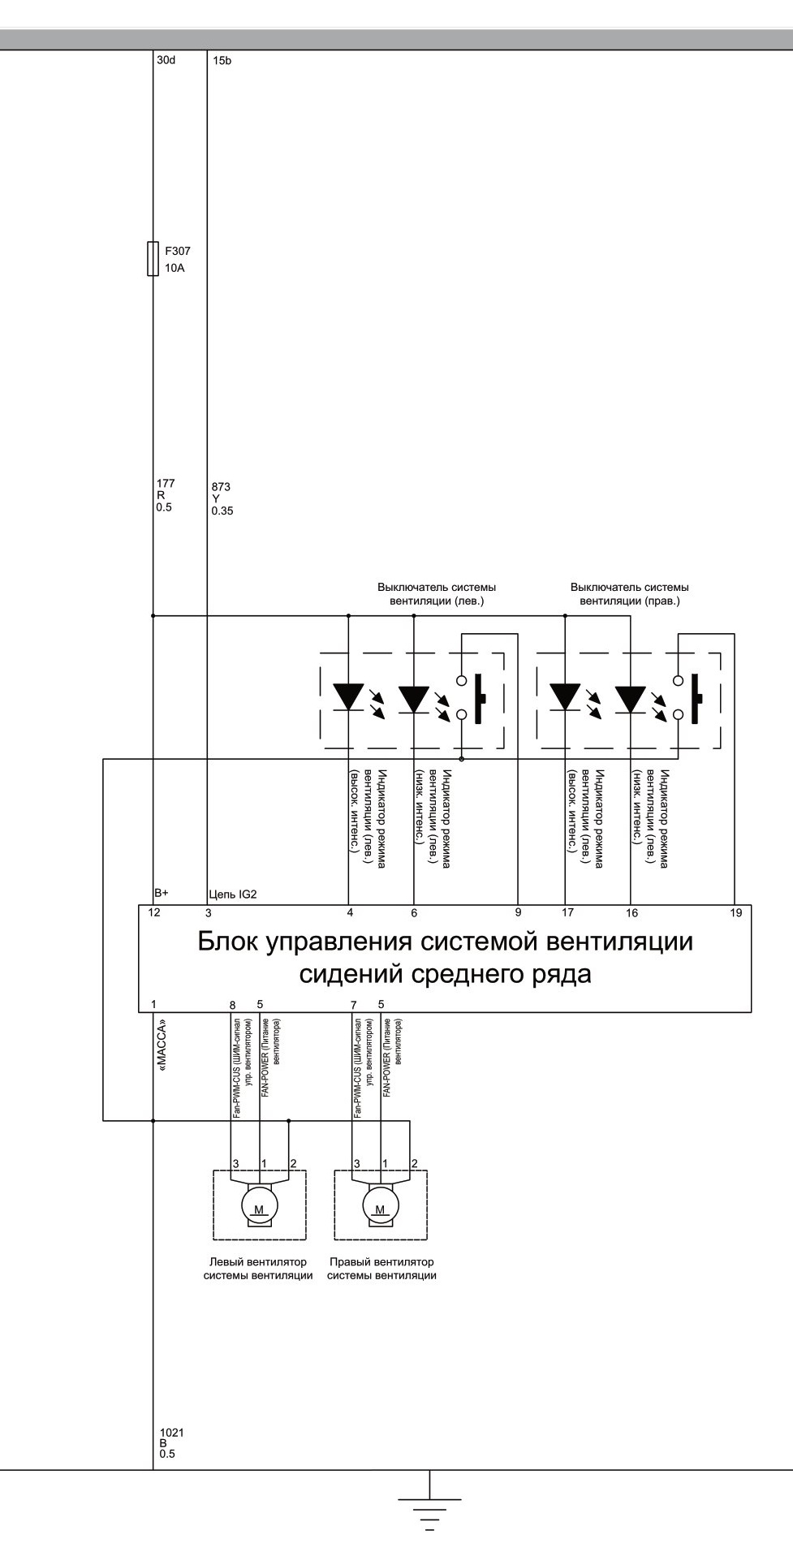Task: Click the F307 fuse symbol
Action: coord(153,259)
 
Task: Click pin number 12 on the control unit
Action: coord(154,912)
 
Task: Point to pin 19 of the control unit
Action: coord(735,912)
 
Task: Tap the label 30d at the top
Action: coord(166,60)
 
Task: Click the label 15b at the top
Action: coord(222,61)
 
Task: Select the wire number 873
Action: coord(221,487)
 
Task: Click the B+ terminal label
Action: coord(162,893)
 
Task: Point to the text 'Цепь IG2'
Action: coord(233,894)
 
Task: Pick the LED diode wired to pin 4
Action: coord(349,696)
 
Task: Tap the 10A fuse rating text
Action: coord(175,268)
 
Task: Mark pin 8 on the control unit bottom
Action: coord(233,1005)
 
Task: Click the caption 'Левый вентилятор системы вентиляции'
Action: coord(258,1269)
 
